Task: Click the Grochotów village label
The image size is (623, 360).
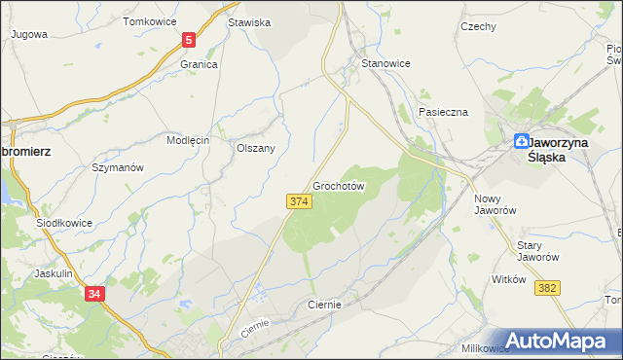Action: click(339, 186)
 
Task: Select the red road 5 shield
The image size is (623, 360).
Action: click(189, 40)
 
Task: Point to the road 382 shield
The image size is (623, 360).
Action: click(548, 288)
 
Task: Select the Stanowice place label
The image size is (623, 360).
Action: click(385, 63)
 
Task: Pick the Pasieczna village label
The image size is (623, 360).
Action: click(444, 112)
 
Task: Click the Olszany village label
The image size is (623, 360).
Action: click(256, 149)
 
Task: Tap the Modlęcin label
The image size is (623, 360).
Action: click(188, 140)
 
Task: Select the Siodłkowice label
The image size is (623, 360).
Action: click(64, 223)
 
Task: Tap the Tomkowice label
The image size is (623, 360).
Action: click(148, 21)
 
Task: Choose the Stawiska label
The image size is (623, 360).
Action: click(248, 21)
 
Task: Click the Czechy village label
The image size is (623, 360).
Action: click(478, 27)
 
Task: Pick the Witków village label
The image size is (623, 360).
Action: click(509, 279)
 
